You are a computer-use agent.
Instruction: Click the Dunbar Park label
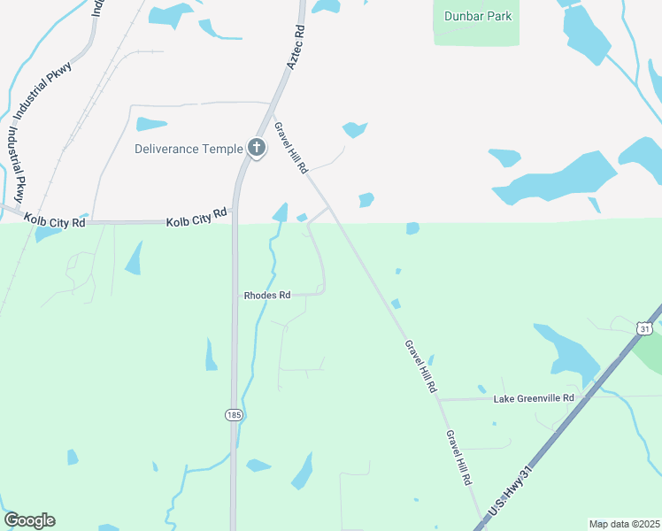pyautogui.click(x=479, y=16)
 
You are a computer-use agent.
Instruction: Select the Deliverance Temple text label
pyautogui.click(x=188, y=149)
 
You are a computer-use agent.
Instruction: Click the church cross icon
pyautogui.click(x=257, y=148)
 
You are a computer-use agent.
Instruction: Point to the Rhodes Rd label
pyautogui.click(x=267, y=295)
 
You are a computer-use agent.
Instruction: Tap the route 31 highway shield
pyautogui.click(x=644, y=328)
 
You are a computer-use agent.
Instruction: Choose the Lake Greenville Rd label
pyautogui.click(x=534, y=398)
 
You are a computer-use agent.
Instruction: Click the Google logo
pyautogui.click(x=29, y=520)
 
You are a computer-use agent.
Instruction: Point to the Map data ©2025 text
pyautogui.click(x=624, y=524)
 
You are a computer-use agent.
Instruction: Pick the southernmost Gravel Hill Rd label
pyautogui.click(x=458, y=457)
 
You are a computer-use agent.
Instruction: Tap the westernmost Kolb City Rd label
pyautogui.click(x=55, y=220)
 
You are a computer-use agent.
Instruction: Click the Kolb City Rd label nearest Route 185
pyautogui.click(x=196, y=216)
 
